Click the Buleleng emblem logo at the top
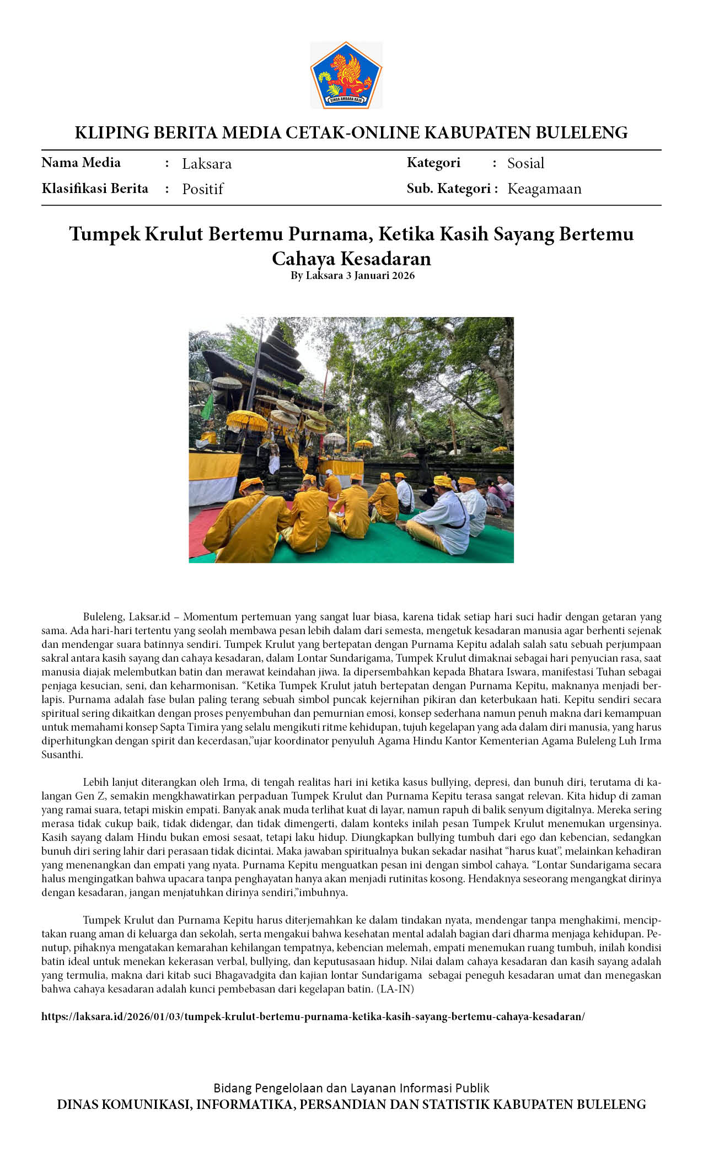[346, 75]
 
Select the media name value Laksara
[207, 164]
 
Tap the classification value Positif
[202, 189]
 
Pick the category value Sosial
[525, 163]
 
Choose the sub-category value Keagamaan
[544, 189]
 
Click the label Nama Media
[81, 163]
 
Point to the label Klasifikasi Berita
[95, 189]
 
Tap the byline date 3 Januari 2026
[380, 276]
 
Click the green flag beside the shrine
[207, 407]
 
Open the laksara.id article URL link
[313, 1016]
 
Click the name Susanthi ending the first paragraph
[62, 755]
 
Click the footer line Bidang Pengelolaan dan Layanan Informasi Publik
[351, 1088]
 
